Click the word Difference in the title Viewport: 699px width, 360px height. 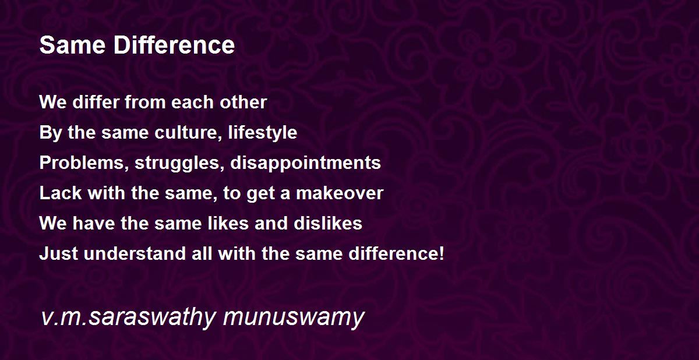[174, 45]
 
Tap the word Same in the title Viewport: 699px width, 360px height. [73, 45]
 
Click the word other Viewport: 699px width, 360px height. [243, 102]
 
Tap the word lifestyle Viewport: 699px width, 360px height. [263, 133]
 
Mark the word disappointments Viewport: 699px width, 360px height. [305, 163]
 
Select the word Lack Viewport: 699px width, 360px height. [61, 193]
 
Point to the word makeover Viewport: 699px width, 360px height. [340, 193]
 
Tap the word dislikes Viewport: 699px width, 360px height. [328, 223]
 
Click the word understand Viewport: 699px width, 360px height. [135, 253]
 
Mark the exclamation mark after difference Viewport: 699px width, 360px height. [442, 253]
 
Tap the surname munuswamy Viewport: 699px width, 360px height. [294, 317]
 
